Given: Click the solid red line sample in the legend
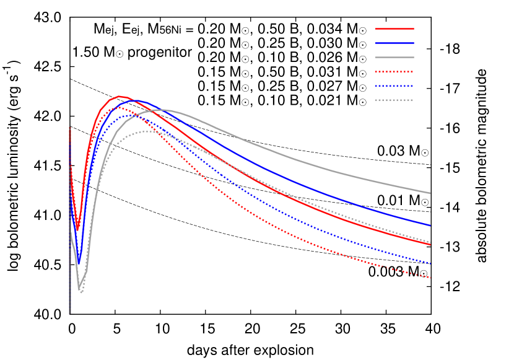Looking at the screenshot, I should [394, 29].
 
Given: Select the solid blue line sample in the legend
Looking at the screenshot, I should [394, 43].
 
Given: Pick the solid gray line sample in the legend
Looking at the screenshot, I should [394, 57].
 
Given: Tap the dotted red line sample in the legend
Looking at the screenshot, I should [394, 71].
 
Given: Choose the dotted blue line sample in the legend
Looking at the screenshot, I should [394, 86].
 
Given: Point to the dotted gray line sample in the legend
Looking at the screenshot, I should [394, 100].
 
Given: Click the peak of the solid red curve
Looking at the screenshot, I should [119, 96].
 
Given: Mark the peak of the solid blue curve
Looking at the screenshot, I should [134, 100].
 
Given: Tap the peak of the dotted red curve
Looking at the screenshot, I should [118, 107].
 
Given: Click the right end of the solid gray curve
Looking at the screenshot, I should [430, 193].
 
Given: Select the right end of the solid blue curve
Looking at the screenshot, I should [430, 226].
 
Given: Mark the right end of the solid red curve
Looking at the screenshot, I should [430, 245].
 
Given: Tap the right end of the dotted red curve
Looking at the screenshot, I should [430, 278].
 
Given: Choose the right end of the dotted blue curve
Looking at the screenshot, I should [430, 264].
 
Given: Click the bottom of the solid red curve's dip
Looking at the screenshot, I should [77, 230].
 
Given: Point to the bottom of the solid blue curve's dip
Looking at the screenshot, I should [79, 263].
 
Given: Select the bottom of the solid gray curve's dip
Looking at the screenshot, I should [79, 289].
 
